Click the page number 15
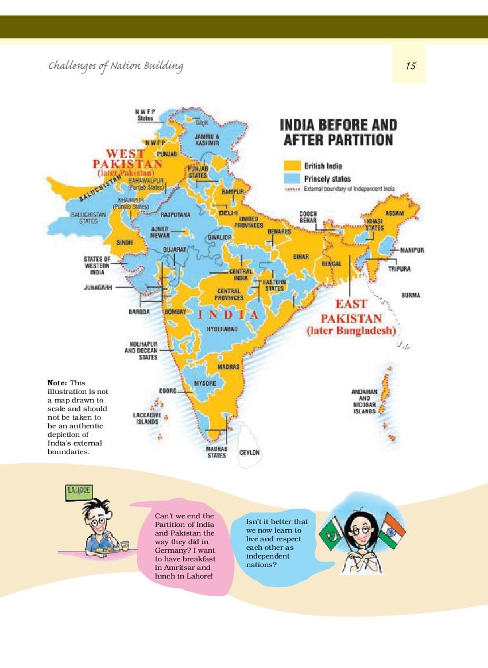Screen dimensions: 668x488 pos(410,65)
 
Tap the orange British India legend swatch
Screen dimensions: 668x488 pos(292,166)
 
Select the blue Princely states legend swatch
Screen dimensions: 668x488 pos(292,178)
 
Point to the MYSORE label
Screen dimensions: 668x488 pos(205,382)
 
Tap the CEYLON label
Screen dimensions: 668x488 pos(250,452)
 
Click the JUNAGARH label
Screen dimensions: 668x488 pos(99,287)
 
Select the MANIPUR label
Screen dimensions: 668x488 pos(412,251)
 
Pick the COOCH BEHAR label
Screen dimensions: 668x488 pos(308,217)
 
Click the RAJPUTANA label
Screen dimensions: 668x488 pos(176,214)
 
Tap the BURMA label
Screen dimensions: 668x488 pos(410,295)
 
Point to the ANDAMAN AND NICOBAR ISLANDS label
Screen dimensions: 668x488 pos(365,401)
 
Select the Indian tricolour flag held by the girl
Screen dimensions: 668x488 pos(392,530)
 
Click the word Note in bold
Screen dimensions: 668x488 pos(57,382)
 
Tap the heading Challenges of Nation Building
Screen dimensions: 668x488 pos(115,65)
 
